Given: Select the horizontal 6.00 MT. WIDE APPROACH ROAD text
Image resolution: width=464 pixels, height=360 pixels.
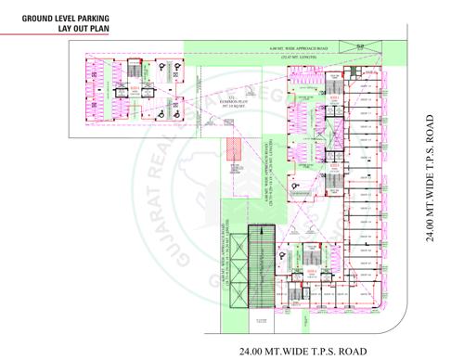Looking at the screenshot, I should point(294,48).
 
